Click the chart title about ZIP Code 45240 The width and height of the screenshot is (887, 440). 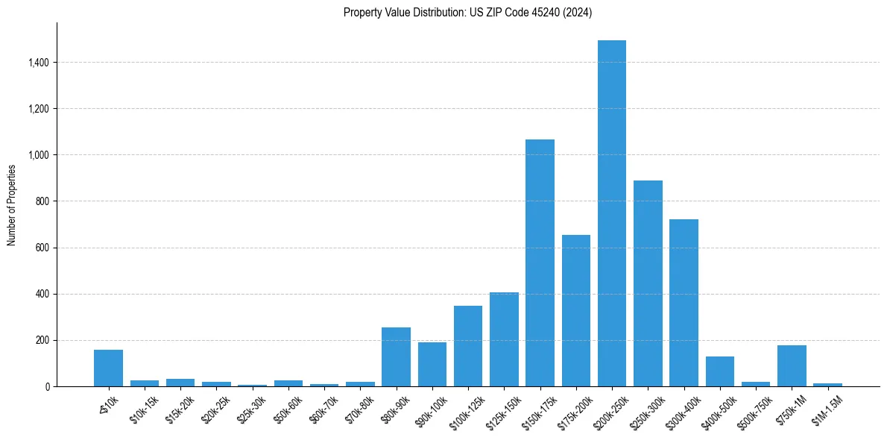[x=467, y=13]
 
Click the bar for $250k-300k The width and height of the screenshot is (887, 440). [x=648, y=283]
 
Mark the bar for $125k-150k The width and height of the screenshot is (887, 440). [x=504, y=339]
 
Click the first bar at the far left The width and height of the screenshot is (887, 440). [x=108, y=368]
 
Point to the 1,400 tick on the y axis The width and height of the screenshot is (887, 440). [x=38, y=63]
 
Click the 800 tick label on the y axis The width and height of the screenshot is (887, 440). [x=42, y=201]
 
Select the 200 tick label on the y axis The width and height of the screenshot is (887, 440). [x=42, y=340]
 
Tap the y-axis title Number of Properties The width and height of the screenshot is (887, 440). [x=12, y=204]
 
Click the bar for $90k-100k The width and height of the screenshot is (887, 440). [x=432, y=364]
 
